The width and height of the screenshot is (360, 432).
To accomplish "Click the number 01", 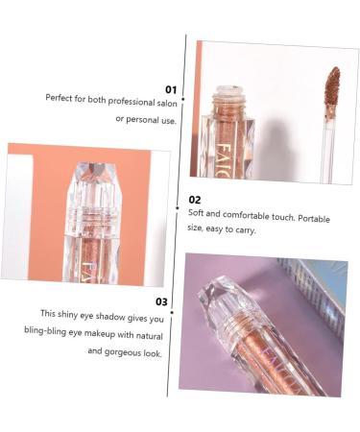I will point(171,89).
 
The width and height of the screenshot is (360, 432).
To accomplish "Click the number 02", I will point(196,200).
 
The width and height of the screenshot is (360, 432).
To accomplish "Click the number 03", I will point(161,301).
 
